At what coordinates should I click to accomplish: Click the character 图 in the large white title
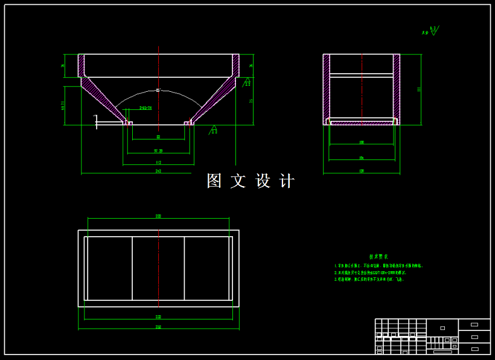pos(214,181)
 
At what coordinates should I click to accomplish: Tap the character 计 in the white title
pos(287,181)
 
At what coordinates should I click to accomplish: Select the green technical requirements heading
pos(378,257)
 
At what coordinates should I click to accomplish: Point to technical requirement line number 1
pos(378,266)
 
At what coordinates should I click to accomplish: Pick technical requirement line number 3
pos(369,280)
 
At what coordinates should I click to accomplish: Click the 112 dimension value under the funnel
pos(158,162)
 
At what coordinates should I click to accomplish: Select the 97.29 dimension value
pos(158,150)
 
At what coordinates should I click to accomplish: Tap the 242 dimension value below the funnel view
pos(158,172)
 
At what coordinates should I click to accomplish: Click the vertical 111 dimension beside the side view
pos(418,89)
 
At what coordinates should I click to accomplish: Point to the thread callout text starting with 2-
pos(145,108)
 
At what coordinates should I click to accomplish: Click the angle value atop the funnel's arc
pos(158,91)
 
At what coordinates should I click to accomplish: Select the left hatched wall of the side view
pos(327,88)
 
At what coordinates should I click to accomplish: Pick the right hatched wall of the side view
pos(397,88)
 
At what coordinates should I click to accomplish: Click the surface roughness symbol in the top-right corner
pos(430,30)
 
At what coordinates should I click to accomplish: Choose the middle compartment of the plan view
pos(158,268)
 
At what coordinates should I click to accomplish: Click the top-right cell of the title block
pos(474,324)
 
